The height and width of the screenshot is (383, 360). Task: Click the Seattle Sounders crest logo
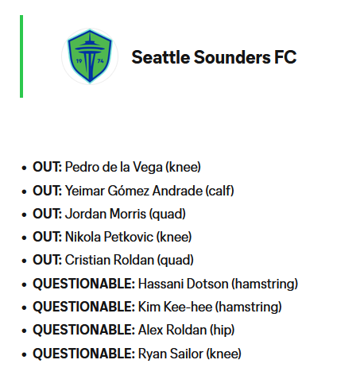(x=90, y=56)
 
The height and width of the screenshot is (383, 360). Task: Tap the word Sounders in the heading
(x=232, y=57)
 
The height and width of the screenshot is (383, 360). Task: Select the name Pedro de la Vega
(x=114, y=167)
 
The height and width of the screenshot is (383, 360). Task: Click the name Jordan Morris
(x=106, y=214)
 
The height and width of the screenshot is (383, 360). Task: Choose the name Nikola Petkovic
(x=109, y=237)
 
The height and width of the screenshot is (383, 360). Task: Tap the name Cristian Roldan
(x=110, y=260)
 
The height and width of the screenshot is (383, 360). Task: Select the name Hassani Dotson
(x=184, y=284)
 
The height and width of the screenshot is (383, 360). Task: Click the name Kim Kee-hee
(x=175, y=307)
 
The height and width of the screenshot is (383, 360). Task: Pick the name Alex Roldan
(x=172, y=330)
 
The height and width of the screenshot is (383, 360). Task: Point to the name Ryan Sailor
(x=171, y=354)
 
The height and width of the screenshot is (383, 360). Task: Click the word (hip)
(x=223, y=331)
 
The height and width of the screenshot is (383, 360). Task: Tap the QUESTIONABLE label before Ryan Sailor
(x=84, y=354)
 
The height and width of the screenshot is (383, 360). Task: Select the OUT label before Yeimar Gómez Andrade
(x=47, y=191)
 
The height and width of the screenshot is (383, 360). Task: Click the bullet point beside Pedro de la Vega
(x=24, y=168)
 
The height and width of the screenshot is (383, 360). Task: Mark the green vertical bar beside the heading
(x=21, y=56)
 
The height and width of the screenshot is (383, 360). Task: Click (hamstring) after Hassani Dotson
(x=265, y=284)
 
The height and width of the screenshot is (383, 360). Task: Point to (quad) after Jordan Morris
(x=168, y=214)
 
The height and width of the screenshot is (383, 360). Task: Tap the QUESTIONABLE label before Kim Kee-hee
(x=84, y=307)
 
